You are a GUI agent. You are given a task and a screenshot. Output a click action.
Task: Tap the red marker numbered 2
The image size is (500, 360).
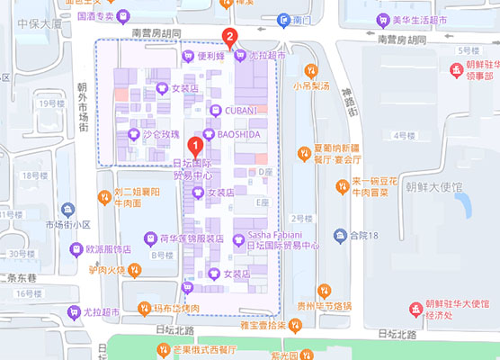[x=231, y=39]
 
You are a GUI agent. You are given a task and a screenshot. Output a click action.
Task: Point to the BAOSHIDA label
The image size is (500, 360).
[x=238, y=134]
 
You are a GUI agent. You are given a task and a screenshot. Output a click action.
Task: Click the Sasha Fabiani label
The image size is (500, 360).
[x=284, y=234]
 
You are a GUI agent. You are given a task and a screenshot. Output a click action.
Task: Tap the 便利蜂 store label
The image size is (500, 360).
[x=210, y=55]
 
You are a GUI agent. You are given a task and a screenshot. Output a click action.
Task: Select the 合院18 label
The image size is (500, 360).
[x=366, y=236]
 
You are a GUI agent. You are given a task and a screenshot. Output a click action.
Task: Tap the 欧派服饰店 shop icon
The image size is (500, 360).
[x=76, y=248]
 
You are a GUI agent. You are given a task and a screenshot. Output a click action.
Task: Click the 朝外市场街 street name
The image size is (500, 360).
[x=84, y=106]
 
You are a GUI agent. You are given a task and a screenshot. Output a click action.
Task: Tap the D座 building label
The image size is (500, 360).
[x=264, y=171]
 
